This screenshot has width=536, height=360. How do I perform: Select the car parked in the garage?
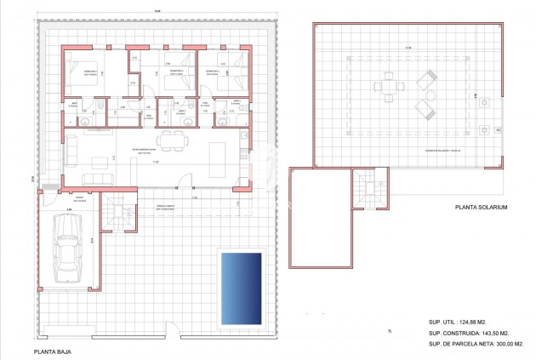68,248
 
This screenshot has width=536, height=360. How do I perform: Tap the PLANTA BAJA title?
54,350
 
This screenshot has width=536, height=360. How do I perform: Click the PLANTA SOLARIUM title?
481,207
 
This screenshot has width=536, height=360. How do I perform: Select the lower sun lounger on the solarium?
425,109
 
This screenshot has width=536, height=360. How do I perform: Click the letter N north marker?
388,329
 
